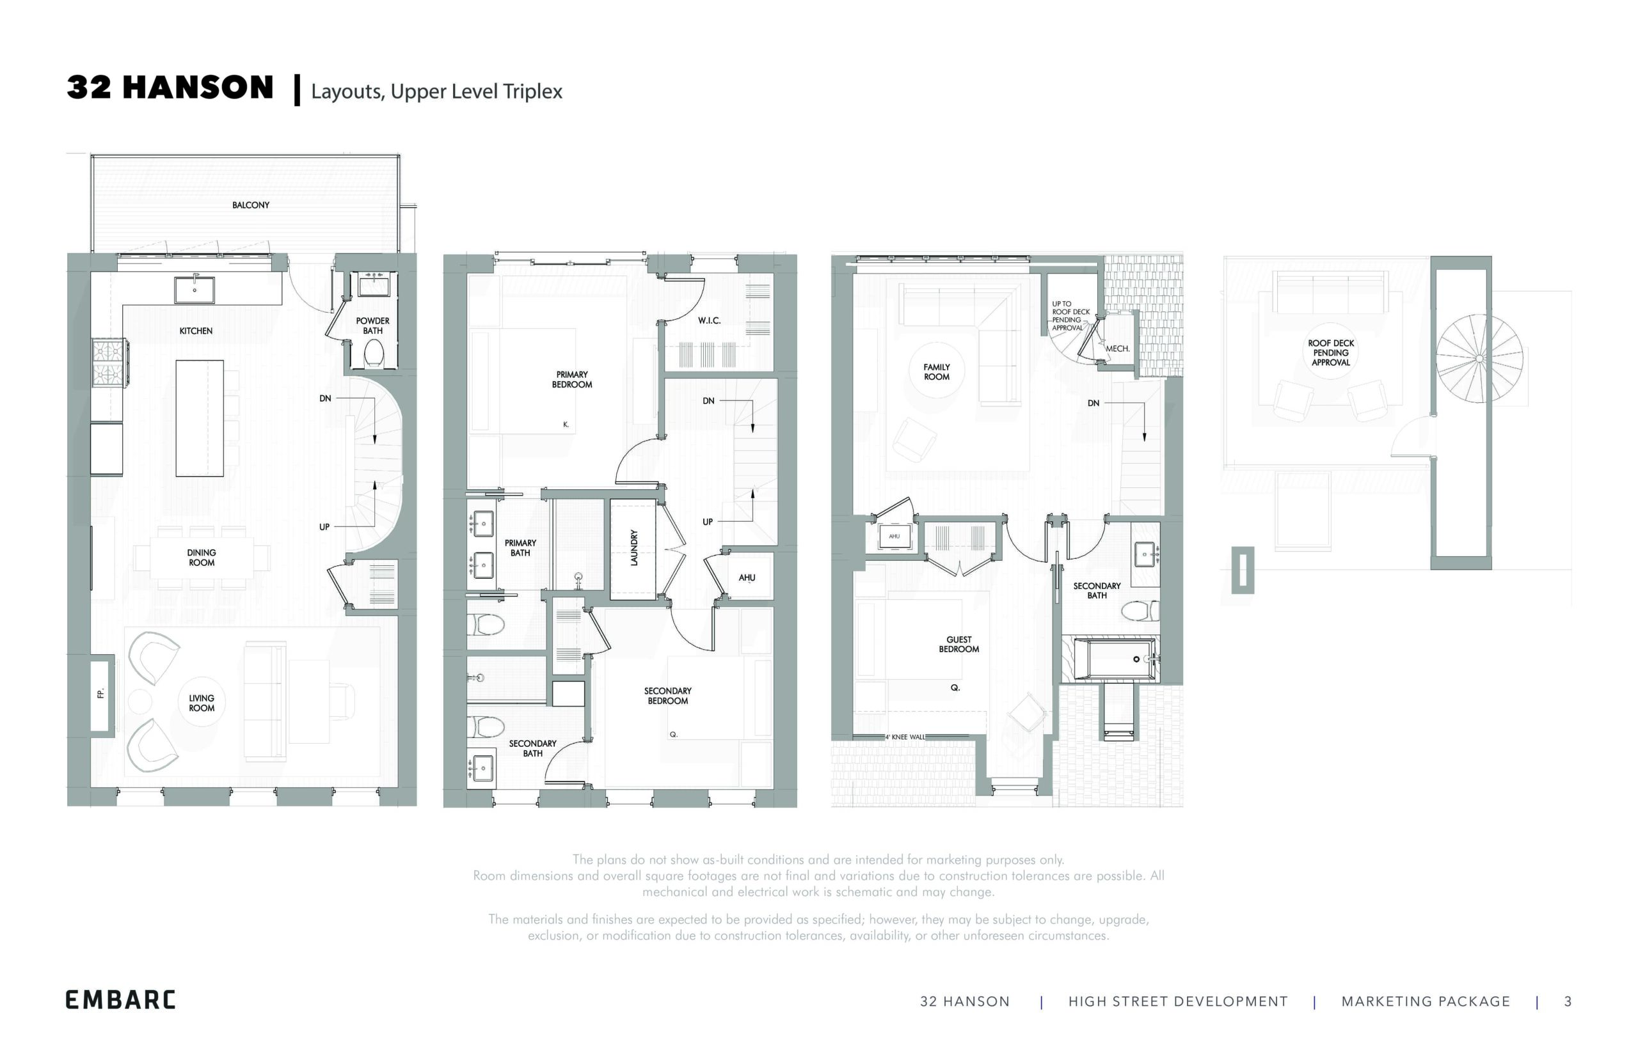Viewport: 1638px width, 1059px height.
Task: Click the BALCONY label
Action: pos(250,205)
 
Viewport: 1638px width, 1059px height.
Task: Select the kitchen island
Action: pos(200,418)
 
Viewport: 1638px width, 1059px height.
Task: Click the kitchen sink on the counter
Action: pos(195,290)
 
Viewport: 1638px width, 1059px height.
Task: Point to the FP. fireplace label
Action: pos(100,694)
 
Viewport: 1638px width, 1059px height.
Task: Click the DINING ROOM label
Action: pos(202,557)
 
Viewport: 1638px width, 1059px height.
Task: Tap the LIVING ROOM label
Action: pos(202,703)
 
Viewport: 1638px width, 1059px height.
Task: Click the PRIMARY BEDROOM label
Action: pos(571,380)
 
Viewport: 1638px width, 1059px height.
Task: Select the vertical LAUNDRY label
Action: pos(634,547)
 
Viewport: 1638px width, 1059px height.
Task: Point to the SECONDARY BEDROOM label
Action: pos(667,695)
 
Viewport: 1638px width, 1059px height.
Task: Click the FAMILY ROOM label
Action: pos(936,372)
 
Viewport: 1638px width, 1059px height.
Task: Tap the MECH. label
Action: pos(1117,349)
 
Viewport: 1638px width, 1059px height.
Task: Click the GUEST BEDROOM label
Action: pos(958,645)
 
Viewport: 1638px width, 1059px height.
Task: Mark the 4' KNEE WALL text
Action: pos(905,737)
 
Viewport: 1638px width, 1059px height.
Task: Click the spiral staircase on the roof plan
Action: pos(1479,358)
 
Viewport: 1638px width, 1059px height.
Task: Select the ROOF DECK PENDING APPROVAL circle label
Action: pos(1330,353)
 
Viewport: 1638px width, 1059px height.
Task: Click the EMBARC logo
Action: pos(120,1000)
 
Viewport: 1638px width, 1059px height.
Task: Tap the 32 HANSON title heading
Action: pos(170,88)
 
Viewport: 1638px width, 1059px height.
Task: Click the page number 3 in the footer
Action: pos(1568,1002)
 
